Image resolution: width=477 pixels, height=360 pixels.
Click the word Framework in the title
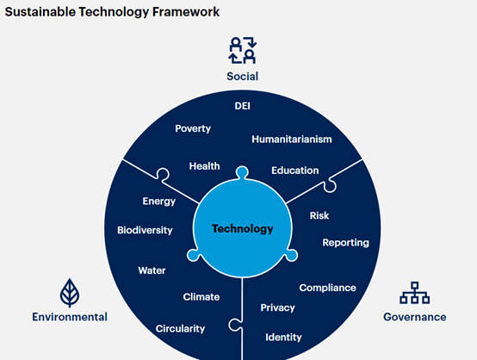point(186,12)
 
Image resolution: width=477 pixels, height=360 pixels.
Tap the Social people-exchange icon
point(243,50)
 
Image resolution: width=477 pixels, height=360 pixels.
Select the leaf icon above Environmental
point(70,293)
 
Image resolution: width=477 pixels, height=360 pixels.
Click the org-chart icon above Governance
point(414,293)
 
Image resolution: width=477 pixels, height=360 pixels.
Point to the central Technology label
point(243,228)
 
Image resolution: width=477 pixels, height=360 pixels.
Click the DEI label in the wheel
point(243,106)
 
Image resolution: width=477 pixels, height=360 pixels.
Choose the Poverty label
point(193,128)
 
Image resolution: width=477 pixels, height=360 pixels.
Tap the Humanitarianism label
point(292,140)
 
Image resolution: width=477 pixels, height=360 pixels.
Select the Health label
point(204,166)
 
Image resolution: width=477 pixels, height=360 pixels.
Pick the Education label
point(295,171)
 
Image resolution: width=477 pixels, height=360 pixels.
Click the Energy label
point(159,202)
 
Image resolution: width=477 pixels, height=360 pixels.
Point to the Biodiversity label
point(145,230)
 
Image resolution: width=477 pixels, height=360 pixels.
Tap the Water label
point(152,270)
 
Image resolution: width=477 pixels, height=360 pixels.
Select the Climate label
point(201,297)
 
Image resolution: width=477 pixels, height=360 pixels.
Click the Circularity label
point(181,329)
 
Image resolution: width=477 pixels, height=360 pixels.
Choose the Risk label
point(319,216)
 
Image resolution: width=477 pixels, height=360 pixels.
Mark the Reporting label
point(346,243)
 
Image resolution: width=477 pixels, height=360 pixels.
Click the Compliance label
point(328,289)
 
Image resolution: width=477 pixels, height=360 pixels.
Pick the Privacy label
point(278,308)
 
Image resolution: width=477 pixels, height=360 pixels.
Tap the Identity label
point(283,338)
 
